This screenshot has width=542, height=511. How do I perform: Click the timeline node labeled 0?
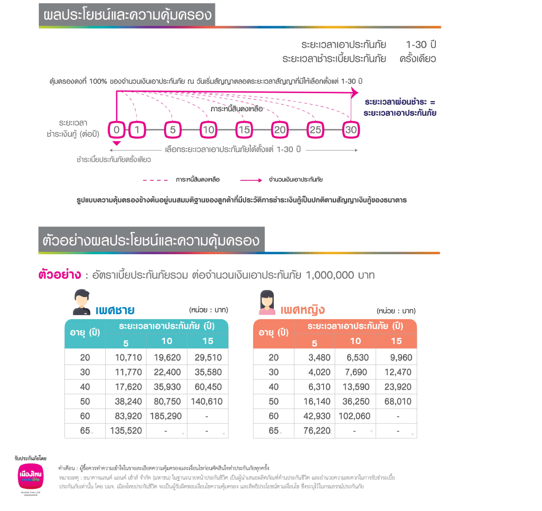coord(116,130)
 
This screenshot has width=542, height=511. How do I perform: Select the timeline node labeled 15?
coord(244,130)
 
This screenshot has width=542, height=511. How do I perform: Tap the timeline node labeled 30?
coord(350,130)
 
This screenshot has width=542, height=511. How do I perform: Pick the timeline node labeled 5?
coord(173,130)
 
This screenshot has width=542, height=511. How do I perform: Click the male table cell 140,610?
coord(207,401)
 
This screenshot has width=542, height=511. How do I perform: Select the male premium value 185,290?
coord(167,416)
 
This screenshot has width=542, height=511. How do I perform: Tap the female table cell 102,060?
coord(355,416)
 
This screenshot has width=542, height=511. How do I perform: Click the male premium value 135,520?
coord(126,430)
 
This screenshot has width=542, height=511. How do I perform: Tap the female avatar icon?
coord(267,302)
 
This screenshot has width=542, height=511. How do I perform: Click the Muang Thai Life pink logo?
coord(31,476)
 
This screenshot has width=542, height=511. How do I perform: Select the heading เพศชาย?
coord(115,309)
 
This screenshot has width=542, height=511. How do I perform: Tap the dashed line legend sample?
coord(156,180)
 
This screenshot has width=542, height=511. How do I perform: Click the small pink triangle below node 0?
coord(116,144)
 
